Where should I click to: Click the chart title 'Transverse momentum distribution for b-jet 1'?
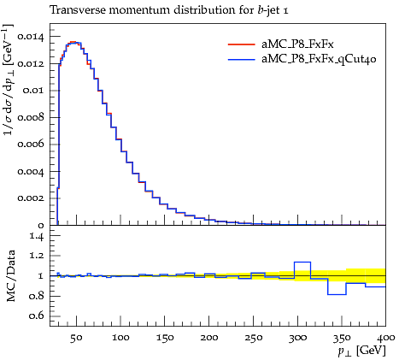169,10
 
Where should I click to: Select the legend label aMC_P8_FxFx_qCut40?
319,59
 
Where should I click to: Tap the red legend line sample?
241,44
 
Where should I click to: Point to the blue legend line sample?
241,59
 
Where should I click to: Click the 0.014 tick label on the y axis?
32,37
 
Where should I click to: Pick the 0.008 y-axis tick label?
32,117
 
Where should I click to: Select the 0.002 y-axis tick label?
32,198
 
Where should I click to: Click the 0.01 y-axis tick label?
34,91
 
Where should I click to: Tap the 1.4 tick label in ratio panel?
38,236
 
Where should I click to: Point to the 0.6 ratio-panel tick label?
38,316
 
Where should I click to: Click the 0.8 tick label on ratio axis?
38,296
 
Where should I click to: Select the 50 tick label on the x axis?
76,338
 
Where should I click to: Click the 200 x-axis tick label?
209,338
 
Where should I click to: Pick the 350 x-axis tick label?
342,338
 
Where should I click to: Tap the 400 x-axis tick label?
386,338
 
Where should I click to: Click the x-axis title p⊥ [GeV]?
361,351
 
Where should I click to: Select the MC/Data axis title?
10,275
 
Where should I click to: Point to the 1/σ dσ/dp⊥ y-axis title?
8,80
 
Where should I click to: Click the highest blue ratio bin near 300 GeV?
302,262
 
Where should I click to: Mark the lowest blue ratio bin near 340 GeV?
337,294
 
